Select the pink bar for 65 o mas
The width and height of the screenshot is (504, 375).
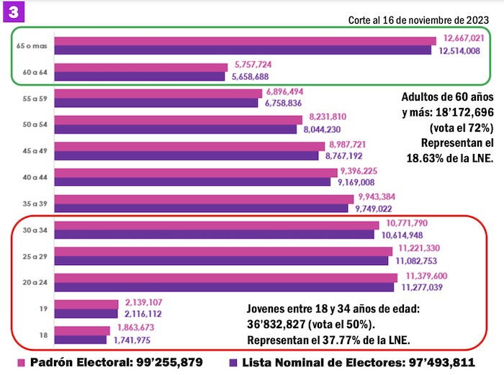pyautogui.click(x=245, y=41)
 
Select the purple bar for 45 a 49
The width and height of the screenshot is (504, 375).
pyautogui.click(x=186, y=155)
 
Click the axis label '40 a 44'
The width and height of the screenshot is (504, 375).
pyautogui.click(x=30, y=177)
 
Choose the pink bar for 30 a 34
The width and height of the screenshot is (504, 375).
pyautogui.click(x=217, y=225)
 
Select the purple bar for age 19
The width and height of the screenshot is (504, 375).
pyautogui.click(x=86, y=314)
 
